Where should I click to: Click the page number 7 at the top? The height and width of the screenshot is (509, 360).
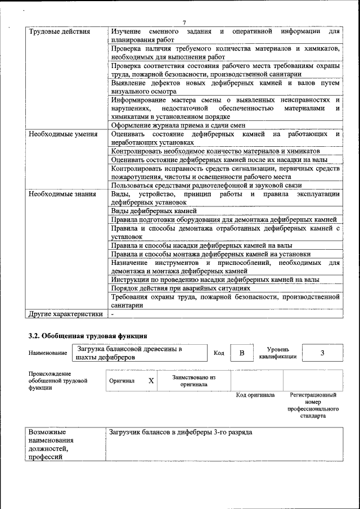184,22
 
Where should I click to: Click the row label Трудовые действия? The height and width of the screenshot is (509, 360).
59,31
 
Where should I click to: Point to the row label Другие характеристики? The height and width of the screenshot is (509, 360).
66,314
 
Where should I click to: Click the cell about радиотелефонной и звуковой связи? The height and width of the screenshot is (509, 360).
206,186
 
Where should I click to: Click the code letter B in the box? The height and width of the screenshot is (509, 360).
242,353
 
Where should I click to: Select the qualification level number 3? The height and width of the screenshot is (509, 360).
322,353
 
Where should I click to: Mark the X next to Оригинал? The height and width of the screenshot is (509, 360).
151,381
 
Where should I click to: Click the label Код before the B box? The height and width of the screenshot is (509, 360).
219,353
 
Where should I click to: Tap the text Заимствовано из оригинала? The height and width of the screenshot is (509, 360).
193,381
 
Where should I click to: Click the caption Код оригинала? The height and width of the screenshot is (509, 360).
255,395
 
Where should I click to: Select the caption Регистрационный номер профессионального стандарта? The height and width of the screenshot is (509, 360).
313,407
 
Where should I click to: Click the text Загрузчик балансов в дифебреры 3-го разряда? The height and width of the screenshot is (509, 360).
181,433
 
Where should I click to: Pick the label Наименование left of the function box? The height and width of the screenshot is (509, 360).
48,353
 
